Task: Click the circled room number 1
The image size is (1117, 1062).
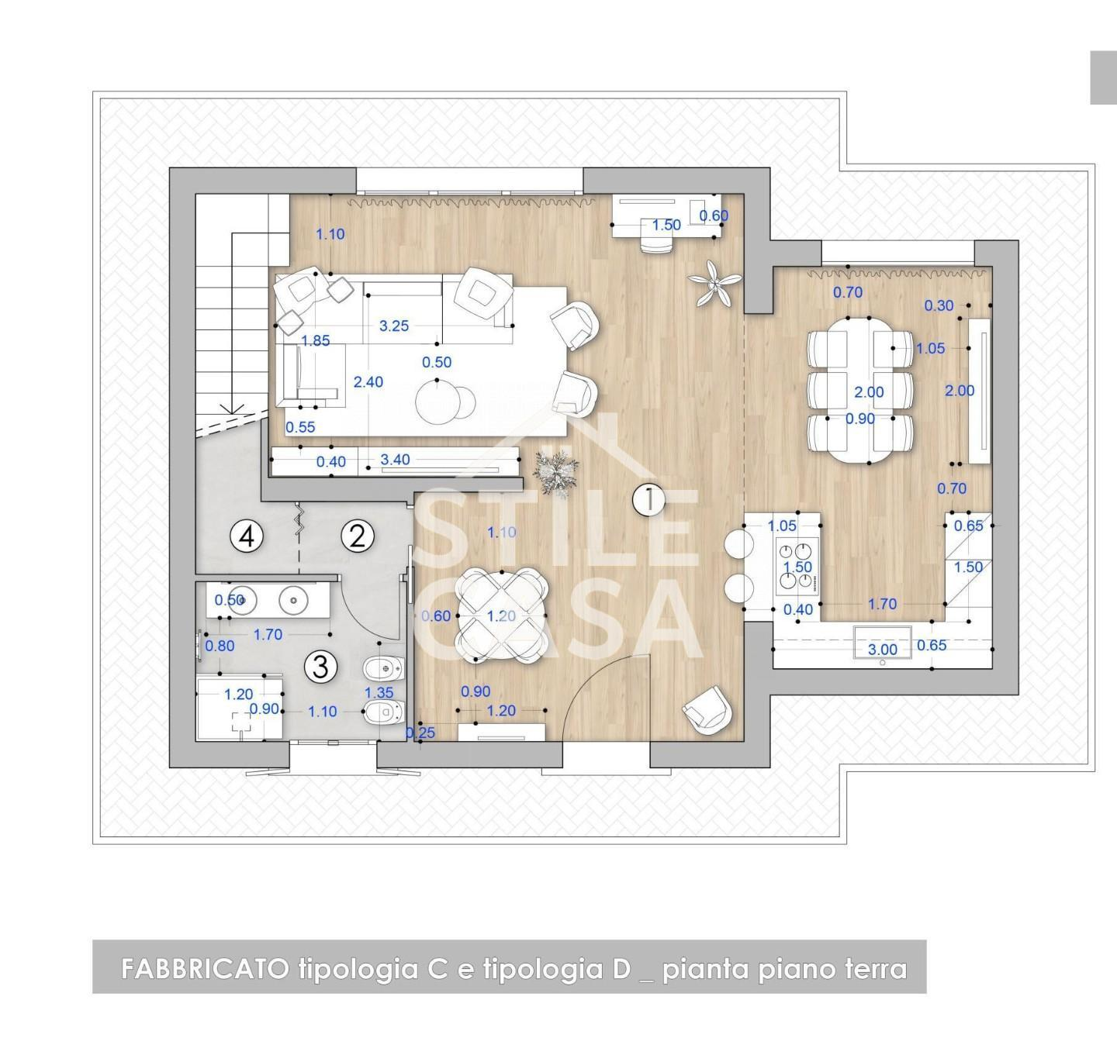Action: coord(648,499)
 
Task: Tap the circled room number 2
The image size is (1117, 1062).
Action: coord(358,536)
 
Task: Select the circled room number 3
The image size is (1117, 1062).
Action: coord(320,666)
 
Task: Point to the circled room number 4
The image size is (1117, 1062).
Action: coord(247,536)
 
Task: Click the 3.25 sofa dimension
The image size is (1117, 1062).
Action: coord(394,326)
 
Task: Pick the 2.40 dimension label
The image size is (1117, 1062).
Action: coord(368,382)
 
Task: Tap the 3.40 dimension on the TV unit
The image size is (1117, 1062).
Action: coord(395,460)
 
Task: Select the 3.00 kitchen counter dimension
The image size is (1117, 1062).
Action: coord(882,649)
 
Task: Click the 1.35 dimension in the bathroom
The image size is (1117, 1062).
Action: coord(379,693)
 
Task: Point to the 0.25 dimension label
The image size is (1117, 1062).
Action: coord(420,733)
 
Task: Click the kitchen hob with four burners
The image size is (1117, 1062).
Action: coord(797,566)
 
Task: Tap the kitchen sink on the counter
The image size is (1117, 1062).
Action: coord(882,643)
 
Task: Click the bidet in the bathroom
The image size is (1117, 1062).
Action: coord(383,669)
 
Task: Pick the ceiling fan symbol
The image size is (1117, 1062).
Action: coord(714,283)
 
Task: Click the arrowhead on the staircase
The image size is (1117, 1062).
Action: coord(232,409)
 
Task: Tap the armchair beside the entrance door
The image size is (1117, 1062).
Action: coord(707,709)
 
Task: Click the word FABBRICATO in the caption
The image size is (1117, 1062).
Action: coord(205,969)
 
